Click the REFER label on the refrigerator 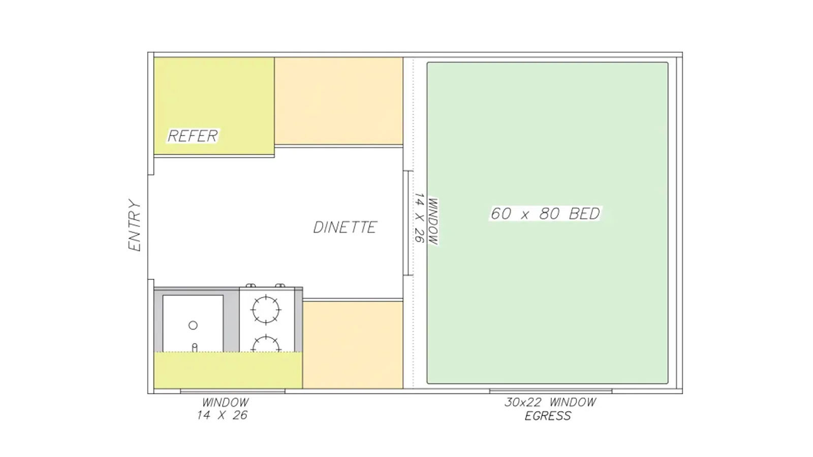[193, 136]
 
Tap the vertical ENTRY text [134, 225]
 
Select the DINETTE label [345, 227]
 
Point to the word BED [584, 214]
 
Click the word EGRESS [548, 416]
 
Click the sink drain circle [193, 325]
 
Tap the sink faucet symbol [195, 347]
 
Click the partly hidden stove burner [266, 344]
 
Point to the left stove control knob [251, 286]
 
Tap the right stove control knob [280, 286]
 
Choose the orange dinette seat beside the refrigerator [338, 101]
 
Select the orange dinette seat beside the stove [353, 345]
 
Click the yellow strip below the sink [228, 370]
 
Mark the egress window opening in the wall [551, 391]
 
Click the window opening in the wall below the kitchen [233, 391]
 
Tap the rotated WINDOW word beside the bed [432, 221]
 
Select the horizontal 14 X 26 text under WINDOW [222, 415]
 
